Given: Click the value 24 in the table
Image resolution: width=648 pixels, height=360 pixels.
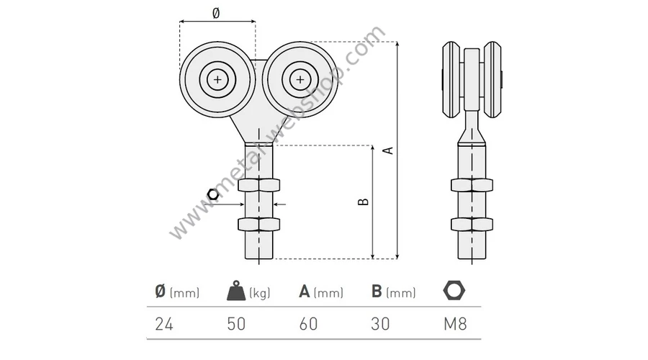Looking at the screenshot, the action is click(164, 324).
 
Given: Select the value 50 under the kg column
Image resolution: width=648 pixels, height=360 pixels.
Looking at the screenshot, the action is click(236, 324).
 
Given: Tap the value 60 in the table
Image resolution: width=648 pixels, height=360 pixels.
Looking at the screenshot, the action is click(308, 324).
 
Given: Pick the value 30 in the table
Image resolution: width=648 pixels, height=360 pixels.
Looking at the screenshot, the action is click(380, 324).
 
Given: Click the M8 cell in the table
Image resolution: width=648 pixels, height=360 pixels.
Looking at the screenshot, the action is click(455, 324).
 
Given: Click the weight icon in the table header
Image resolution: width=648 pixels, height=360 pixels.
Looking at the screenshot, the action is click(236, 291).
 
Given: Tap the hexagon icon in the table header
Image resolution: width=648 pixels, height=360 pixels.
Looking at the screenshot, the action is click(454, 290).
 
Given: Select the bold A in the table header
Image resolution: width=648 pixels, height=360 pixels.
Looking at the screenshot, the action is click(304, 292).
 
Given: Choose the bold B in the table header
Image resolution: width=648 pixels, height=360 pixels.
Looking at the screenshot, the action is click(377, 292).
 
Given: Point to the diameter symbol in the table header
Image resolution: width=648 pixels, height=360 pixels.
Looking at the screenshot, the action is click(161, 292).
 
